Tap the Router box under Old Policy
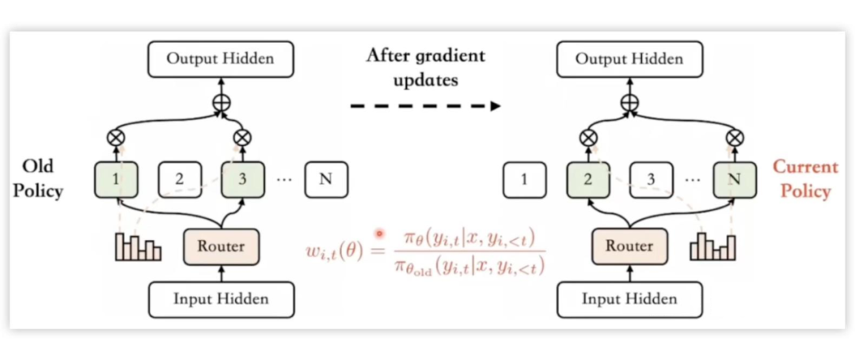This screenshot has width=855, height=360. (x=221, y=245)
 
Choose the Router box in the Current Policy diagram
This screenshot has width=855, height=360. (x=629, y=245)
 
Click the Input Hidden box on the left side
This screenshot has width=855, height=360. (x=221, y=299)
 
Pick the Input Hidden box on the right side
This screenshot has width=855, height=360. (x=629, y=299)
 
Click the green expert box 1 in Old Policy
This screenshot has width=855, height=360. (x=116, y=179)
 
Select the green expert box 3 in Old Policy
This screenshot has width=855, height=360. (x=242, y=179)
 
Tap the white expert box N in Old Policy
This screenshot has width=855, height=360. (x=325, y=179)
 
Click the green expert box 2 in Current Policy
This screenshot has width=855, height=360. (x=588, y=179)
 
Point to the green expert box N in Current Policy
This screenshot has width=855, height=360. (x=735, y=179)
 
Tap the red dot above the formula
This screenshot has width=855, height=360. (x=379, y=233)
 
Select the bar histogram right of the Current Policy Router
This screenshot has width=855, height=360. (x=712, y=246)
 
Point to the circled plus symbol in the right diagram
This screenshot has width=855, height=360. (x=629, y=103)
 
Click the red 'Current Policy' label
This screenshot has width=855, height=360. (x=804, y=179)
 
